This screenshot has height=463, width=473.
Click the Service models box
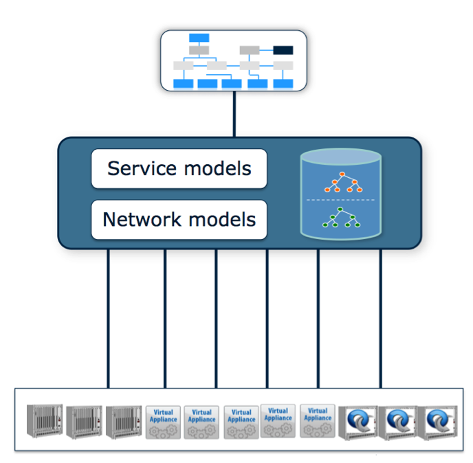pos(179,169)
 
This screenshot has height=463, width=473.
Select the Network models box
pos(179,220)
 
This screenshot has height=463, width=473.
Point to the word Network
pos(142,219)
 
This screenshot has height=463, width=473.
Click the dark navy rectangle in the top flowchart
pos(283,50)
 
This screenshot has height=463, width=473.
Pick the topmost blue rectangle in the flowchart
pos(199,38)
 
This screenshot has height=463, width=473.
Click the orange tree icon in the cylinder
pos(343,182)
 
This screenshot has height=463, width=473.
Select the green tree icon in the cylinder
pos(341,217)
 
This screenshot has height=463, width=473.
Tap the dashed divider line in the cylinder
pos(340,200)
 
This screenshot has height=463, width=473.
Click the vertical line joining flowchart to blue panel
pos(234,114)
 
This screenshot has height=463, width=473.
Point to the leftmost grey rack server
pos(45,421)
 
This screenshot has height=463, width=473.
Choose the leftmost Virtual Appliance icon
pos(163,422)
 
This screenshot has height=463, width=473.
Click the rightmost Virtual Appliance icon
pos(318,421)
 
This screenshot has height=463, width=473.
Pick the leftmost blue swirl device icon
pos(358,422)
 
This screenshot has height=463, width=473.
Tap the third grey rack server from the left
pos(124,422)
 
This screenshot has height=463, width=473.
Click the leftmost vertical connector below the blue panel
pos(109,319)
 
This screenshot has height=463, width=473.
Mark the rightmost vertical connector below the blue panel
pos(381,319)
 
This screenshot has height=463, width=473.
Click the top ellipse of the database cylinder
pos(341,157)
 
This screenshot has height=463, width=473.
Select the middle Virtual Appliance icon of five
pos(241,422)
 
